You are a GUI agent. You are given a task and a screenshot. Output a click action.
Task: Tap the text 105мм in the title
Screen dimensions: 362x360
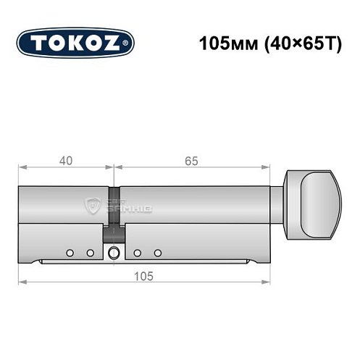tap(221, 42)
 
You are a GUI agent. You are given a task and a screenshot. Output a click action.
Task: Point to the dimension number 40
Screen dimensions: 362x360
tap(66, 161)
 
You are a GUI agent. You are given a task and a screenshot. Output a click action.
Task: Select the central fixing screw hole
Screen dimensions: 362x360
tap(114, 253)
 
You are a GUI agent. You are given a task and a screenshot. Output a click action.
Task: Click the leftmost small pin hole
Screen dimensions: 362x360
tap(70, 253)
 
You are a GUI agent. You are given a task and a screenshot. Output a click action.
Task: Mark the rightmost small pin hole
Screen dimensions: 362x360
tap(158, 253)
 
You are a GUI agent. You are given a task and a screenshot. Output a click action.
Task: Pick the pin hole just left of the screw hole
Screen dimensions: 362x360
tap(91, 253)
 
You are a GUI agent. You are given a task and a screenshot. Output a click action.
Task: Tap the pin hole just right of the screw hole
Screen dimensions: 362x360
tap(137, 253)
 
